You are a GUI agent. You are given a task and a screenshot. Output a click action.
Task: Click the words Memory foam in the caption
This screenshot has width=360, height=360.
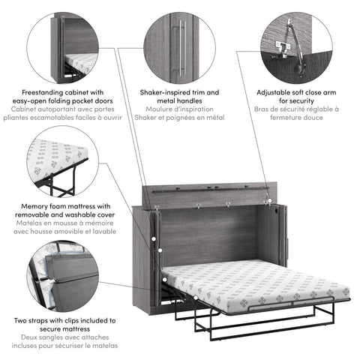[40, 205]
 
